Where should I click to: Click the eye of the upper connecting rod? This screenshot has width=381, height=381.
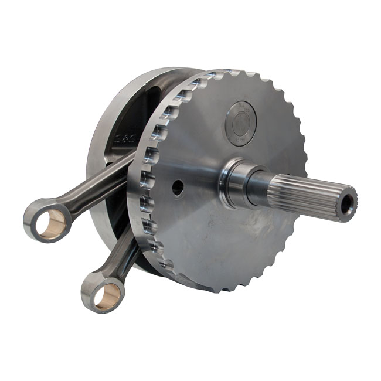point(47,220)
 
